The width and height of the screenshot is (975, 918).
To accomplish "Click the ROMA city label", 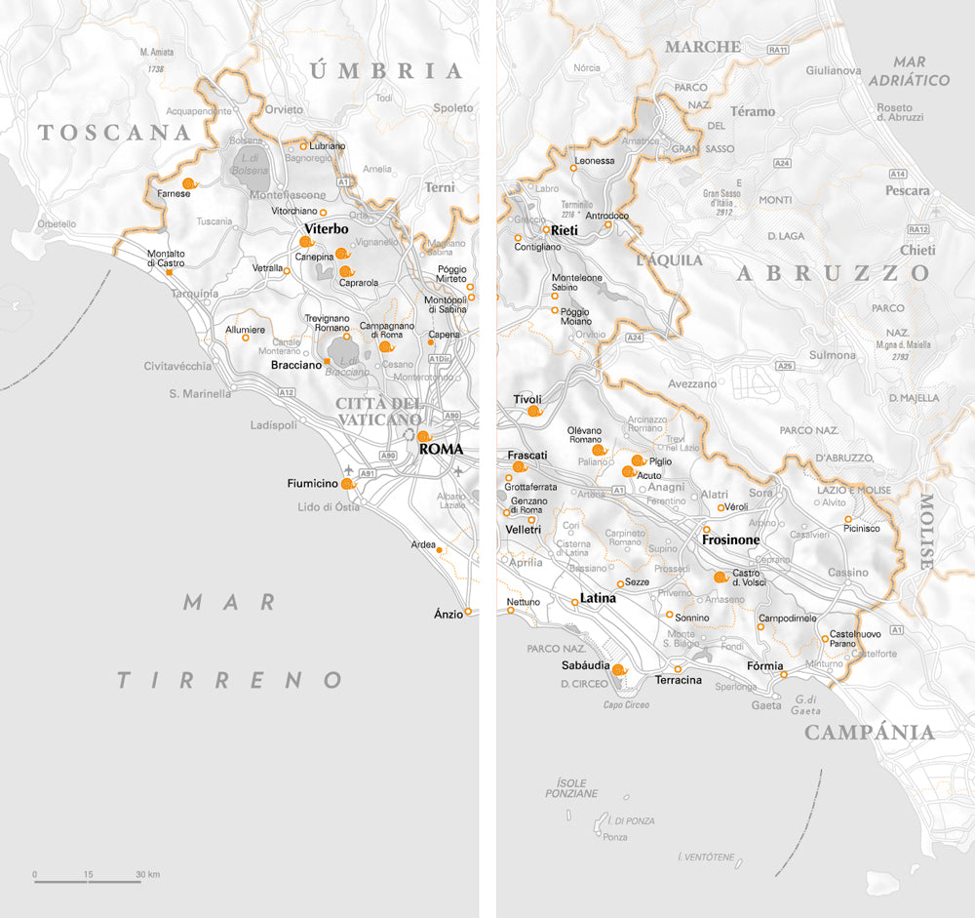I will (441, 451).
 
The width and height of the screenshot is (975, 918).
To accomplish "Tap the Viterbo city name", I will (327, 229).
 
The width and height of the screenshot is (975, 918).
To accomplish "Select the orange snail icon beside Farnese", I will (189, 182).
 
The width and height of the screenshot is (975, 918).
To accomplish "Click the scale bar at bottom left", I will (88, 881).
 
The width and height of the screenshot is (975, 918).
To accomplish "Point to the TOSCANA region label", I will (113, 134).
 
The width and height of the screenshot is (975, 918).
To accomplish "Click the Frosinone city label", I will (730, 539).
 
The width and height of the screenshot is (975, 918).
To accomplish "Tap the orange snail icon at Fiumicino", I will (347, 483).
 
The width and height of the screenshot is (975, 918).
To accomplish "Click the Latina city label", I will (599, 598).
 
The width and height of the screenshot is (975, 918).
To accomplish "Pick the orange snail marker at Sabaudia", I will (617, 669).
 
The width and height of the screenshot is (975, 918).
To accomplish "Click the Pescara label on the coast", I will (907, 191).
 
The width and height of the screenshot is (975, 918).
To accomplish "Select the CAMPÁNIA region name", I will (869, 733).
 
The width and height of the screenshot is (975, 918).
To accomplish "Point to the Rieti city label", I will (565, 231).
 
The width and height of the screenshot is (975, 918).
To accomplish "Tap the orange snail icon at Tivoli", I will (534, 412).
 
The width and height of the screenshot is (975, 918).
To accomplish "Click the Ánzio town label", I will (448, 614).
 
